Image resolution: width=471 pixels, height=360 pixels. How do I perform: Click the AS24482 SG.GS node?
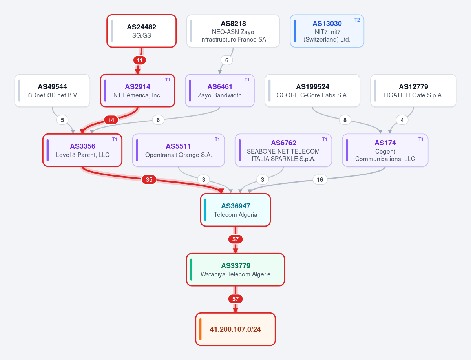pos(141,31)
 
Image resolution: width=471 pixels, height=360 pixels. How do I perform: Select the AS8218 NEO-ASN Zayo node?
pos(233,31)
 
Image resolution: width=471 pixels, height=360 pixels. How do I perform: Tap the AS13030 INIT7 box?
pos(327,31)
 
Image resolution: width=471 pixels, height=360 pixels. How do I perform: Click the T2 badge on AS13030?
pos(357,20)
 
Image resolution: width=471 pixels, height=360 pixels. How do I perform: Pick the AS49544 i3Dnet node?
pos(52,91)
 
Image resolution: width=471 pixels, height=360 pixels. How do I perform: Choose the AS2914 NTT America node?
pos(137,91)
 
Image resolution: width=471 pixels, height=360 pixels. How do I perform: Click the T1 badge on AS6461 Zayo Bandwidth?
pos(247,80)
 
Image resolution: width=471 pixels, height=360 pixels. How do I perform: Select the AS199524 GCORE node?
pos(312,91)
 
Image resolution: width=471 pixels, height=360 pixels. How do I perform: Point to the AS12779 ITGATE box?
pos(413,91)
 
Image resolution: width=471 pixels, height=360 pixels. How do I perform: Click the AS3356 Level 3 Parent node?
pos(82,150)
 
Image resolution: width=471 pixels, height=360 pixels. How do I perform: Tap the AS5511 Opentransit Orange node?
pos(178,150)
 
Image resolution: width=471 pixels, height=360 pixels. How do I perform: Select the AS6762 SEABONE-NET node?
pos(283,150)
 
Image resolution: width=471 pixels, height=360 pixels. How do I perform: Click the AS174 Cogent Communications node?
pos(385,150)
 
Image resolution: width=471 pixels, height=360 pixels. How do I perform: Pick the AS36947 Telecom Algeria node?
pos(235,210)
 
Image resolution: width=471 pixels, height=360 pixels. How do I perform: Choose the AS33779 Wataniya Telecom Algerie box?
pos(235,269)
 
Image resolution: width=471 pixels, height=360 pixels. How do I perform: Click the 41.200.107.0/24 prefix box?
pos(235,329)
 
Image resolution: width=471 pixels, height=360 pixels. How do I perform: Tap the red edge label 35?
pos(149,179)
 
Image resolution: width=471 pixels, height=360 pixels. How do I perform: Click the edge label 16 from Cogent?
pos(320,179)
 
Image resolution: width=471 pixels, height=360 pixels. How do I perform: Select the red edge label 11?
pos(139,60)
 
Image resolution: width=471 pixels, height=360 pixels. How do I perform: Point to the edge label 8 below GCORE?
pos(345,120)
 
